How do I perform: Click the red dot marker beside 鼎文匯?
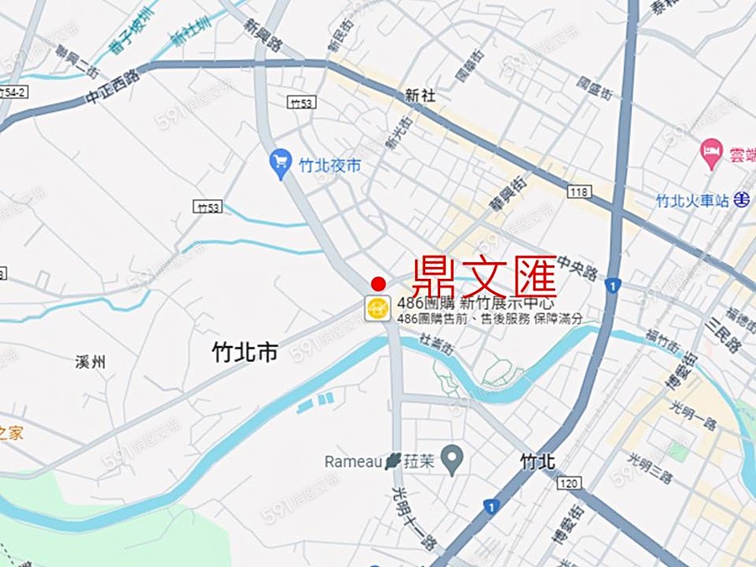pos(378,284)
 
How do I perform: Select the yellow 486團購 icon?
pos(377,308)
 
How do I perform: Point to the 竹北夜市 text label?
pos(330,165)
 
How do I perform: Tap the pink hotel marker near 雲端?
pos(711,152)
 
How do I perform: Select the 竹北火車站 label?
pos(692,201)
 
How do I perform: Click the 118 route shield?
pos(578,192)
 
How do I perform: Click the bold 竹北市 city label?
pos(245,353)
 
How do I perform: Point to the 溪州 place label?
pos(90,363)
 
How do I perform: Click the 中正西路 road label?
pos(111,87)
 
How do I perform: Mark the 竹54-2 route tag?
pos(12,91)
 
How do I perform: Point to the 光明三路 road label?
pos(650,467)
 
